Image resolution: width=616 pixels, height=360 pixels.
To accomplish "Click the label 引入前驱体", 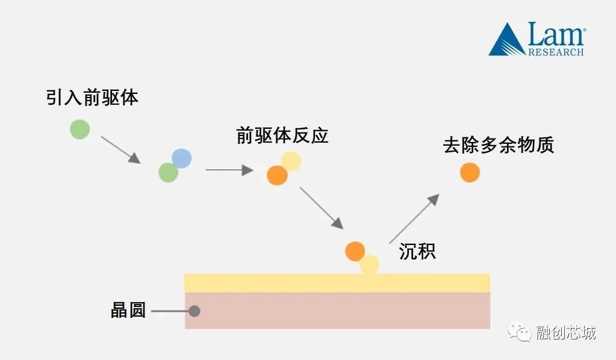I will click(92, 98).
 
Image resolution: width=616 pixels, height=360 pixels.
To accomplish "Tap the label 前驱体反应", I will click(282, 135).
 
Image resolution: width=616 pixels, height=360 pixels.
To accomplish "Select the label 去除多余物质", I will click(499, 145).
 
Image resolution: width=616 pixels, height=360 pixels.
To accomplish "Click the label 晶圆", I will click(128, 311).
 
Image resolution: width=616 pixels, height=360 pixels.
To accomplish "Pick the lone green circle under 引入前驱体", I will click(79, 129).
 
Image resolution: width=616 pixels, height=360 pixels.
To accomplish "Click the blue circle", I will click(181, 158).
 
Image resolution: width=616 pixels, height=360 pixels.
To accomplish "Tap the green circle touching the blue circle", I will click(168, 173).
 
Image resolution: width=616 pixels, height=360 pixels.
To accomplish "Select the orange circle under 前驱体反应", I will click(277, 175).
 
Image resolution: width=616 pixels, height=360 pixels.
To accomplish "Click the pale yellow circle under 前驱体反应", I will click(291, 161).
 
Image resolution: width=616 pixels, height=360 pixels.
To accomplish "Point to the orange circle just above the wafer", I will click(355, 251).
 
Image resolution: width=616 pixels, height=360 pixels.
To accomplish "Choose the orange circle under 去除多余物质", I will click(470, 172).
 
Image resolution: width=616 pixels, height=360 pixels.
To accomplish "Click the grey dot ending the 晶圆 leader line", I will click(194, 311).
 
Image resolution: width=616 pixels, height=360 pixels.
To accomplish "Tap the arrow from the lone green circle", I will click(120, 149).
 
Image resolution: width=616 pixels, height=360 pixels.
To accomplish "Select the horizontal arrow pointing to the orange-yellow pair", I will click(229, 170).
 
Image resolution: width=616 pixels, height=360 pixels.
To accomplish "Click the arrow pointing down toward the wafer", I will click(322, 208).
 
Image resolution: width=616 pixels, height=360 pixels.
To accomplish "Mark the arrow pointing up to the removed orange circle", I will click(414, 218).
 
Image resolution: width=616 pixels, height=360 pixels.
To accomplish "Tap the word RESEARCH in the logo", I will click(556, 52).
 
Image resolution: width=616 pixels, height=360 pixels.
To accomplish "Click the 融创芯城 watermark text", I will click(565, 333).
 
